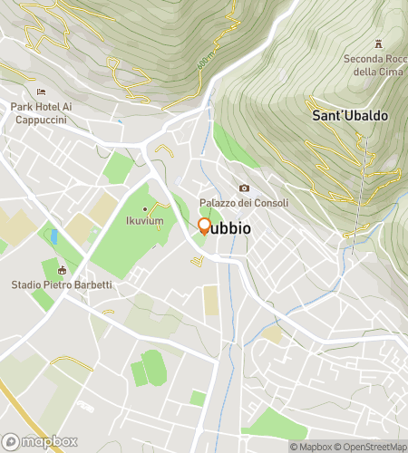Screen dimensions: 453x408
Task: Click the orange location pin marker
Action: [204, 226]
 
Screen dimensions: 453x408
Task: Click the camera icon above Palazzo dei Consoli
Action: [243, 188]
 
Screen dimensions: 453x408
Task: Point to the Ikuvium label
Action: [144, 220]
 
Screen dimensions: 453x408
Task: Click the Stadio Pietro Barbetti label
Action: [63, 284]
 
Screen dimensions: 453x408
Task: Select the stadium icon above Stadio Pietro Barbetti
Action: [63, 270]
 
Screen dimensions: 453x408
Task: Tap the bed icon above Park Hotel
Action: [40, 92]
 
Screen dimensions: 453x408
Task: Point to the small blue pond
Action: [54, 237]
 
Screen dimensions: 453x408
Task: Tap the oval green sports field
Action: [153, 367]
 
